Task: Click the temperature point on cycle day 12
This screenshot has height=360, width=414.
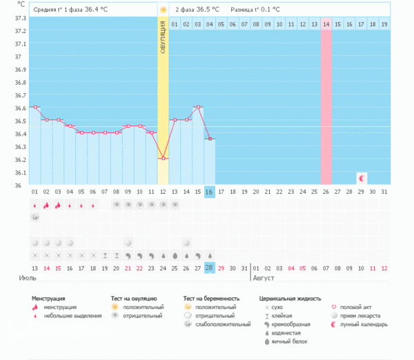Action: [x=163, y=159]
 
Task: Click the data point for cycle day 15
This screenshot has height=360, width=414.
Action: [x=198, y=108]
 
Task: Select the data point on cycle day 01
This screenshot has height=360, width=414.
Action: [x=34, y=107]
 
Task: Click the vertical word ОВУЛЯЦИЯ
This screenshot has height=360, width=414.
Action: [x=163, y=38]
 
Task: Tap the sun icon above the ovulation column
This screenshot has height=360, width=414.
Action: [x=163, y=10]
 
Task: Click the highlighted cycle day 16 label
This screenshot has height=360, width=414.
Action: [x=210, y=191]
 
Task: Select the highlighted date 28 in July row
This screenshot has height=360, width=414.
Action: [x=210, y=268]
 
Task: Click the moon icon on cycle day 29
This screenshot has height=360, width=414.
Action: [x=362, y=178]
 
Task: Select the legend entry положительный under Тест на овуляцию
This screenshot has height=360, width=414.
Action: [x=144, y=307]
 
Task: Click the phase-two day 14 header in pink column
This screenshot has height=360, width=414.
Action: [x=326, y=24]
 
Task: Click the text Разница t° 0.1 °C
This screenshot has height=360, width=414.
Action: [x=256, y=10]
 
